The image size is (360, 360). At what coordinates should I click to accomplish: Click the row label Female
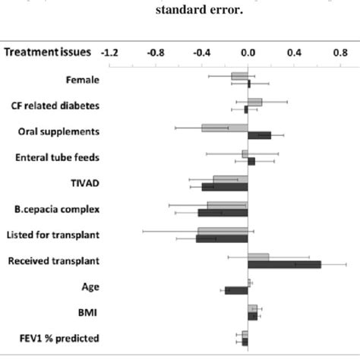pyautogui.click(x=82, y=79)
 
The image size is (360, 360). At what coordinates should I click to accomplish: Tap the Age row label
pyautogui.click(x=90, y=286)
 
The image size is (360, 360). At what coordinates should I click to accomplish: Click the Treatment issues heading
pyautogui.click(x=48, y=52)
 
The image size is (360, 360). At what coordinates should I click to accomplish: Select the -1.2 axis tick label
pyautogui.click(x=109, y=52)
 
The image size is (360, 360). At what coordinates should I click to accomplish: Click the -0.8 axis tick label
pyautogui.click(x=156, y=52)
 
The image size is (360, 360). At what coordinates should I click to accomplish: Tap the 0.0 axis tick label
pyautogui.click(x=248, y=52)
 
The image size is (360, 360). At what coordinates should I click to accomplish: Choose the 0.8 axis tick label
pyautogui.click(x=339, y=52)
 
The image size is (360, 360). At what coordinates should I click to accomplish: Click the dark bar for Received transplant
pyautogui.click(x=284, y=265)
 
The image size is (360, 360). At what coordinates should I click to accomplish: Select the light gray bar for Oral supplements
pyautogui.click(x=225, y=128)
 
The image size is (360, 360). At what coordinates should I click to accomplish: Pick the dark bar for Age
pyautogui.click(x=236, y=290)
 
